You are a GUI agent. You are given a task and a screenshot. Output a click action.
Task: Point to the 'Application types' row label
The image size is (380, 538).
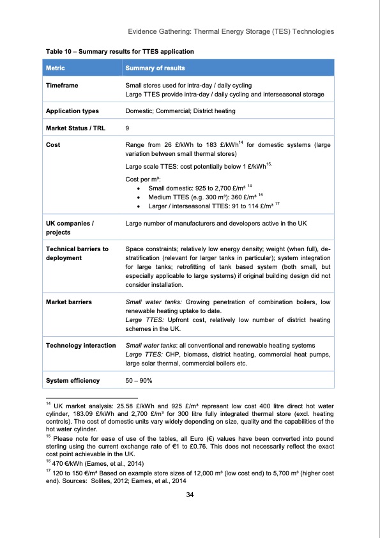(x=71, y=111)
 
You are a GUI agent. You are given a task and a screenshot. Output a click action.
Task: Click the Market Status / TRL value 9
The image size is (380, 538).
(x=128, y=128)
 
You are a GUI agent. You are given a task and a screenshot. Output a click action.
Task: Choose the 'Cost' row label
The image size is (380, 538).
(x=53, y=145)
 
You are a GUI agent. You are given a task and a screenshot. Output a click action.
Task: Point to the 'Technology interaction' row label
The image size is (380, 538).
(x=79, y=346)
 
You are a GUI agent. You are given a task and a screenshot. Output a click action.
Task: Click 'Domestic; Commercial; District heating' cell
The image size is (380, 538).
(x=180, y=111)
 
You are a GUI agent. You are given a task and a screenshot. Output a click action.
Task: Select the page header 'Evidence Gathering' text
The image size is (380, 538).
(x=160, y=31)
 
